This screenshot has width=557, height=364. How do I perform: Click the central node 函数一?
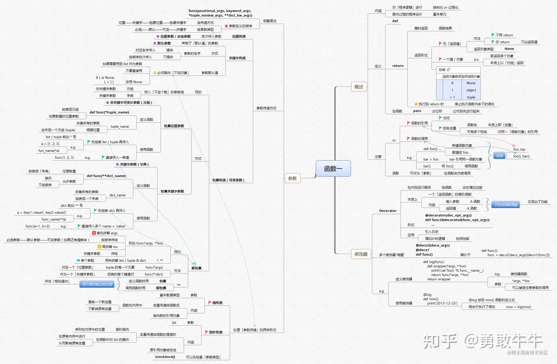click(x=333, y=168)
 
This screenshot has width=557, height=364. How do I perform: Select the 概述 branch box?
click(x=359, y=87)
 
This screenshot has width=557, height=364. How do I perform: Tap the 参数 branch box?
click(x=292, y=178)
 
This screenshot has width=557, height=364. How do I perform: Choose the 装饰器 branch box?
click(x=361, y=254)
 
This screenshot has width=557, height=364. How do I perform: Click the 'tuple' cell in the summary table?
click(x=471, y=97)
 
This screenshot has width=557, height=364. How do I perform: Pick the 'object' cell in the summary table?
click(x=471, y=90)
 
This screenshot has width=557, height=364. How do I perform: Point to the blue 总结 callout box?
click(x=499, y=156)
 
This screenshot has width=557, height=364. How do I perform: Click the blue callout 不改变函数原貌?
click(x=505, y=205)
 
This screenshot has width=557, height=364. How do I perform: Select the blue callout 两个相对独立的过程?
click(x=97, y=284)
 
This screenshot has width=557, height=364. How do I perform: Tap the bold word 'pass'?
click(x=417, y=111)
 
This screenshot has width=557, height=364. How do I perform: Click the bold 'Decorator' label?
click(x=388, y=211)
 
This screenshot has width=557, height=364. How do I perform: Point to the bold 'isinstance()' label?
click(x=165, y=357)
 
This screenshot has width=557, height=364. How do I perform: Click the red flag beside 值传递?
click(x=210, y=302)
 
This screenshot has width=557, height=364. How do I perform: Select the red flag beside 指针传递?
click(x=207, y=332)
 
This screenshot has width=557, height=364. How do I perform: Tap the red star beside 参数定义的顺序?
click(x=226, y=26)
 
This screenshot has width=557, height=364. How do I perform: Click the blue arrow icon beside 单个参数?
click(x=78, y=260)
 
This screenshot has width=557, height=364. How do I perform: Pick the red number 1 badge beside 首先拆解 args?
click(x=94, y=233)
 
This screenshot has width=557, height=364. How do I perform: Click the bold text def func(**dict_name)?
click(x=106, y=176)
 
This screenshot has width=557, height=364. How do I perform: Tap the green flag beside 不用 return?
click(x=493, y=35)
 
